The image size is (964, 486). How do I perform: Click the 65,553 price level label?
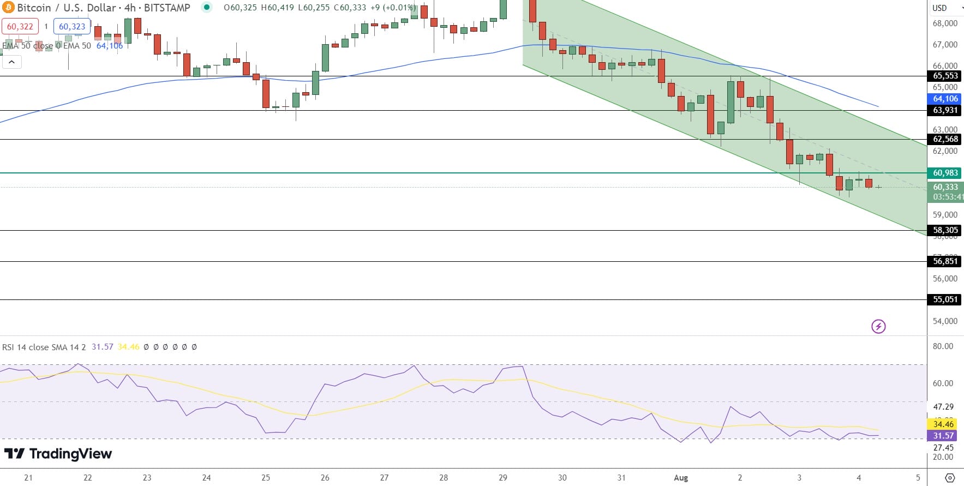945,76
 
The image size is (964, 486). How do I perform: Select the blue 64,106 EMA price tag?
945,99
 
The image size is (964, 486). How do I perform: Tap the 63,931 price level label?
945,110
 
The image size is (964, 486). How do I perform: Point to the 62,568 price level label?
945,139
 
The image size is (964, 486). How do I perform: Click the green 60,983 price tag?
945,173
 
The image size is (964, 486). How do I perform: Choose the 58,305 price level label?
945,230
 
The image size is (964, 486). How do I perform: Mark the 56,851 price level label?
945,261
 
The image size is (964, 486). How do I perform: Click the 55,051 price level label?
945,299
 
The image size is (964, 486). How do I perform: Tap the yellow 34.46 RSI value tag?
943,424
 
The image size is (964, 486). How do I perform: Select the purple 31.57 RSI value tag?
943,436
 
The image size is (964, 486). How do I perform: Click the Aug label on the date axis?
681,478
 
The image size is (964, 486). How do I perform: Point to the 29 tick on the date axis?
503,478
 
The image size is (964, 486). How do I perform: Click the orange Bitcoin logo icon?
8,8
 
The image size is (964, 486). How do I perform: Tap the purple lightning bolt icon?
878,327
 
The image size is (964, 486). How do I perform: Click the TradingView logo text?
58,454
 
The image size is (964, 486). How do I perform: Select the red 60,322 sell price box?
20,26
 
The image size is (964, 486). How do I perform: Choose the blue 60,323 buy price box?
72,26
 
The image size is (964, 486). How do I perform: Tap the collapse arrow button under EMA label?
11,62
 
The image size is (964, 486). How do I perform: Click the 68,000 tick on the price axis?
945,23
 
